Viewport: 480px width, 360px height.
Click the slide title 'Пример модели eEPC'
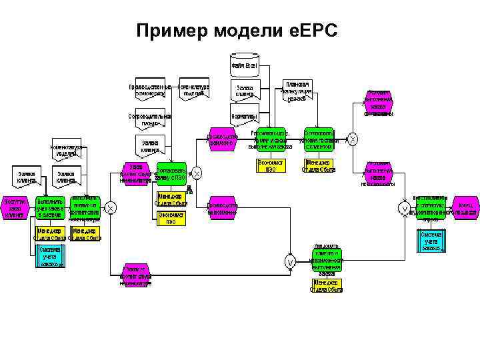tap(237, 31)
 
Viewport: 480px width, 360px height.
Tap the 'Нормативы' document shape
tap(245, 117)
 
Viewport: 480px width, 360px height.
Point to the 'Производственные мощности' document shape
tap(150, 91)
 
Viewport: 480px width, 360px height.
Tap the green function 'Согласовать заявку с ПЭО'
tap(171, 173)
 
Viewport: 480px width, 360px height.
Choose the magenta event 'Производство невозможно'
tap(221, 208)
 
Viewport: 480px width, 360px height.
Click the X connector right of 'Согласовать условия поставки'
tap(353, 139)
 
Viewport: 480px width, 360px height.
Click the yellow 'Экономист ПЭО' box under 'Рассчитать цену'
tap(271, 165)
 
